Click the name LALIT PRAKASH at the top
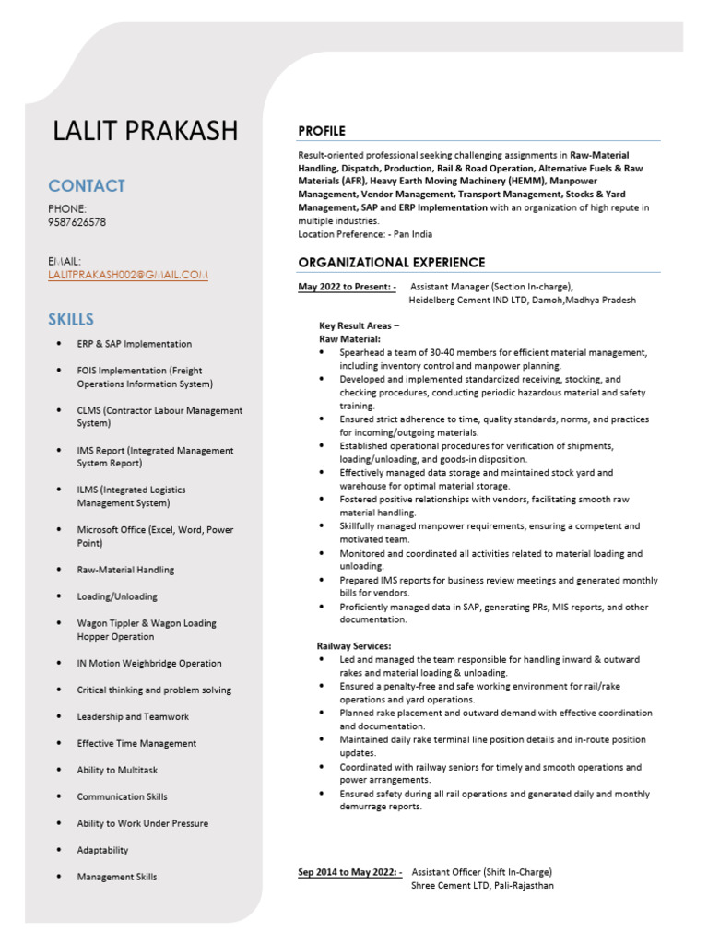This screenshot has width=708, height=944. [146, 131]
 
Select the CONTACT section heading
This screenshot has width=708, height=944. [87, 185]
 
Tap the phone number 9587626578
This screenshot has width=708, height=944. [77, 222]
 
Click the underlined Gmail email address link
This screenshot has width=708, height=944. [128, 275]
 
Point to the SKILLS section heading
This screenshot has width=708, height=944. [71, 320]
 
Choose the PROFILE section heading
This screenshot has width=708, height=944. [322, 131]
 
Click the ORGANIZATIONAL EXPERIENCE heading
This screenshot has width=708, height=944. [391, 263]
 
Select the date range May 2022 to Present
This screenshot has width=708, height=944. [347, 287]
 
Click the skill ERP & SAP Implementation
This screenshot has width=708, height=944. [135, 344]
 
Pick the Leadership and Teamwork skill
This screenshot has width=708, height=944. [133, 716]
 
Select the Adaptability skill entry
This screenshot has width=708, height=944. [102, 850]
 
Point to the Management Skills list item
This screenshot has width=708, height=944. [117, 877]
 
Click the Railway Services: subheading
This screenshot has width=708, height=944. [354, 646]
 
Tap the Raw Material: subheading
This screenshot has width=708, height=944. [344, 339]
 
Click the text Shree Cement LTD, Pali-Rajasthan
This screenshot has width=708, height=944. [482, 886]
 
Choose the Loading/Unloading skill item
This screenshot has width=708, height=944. [117, 596]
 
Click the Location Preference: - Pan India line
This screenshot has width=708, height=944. [365, 234]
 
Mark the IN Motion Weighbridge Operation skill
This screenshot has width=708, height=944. [149, 663]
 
